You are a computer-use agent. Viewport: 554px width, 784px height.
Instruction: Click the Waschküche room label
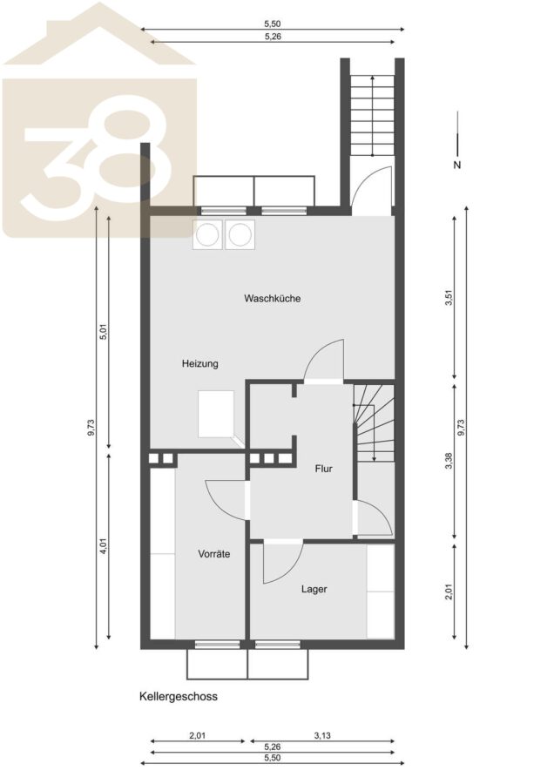click(272, 299)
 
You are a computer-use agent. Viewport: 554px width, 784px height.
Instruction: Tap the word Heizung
click(200, 363)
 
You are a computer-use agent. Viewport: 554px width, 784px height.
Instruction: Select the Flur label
click(323, 469)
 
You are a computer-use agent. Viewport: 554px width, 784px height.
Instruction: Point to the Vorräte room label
click(214, 554)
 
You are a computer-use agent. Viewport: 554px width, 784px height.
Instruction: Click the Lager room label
click(314, 589)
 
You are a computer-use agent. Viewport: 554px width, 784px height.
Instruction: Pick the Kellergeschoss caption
click(178, 697)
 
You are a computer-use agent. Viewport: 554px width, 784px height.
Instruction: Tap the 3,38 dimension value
click(449, 461)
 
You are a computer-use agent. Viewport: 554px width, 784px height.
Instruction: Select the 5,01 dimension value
click(104, 332)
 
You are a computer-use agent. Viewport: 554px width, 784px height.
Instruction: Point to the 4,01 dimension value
click(104, 545)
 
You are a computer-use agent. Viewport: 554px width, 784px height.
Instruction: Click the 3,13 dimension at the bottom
click(322, 735)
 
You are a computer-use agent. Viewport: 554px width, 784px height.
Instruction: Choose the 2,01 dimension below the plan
click(198, 735)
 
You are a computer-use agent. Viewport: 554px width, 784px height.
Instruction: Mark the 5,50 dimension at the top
click(273, 24)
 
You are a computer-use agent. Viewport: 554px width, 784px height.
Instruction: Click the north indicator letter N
click(457, 165)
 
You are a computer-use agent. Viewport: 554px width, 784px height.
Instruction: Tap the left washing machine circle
click(207, 234)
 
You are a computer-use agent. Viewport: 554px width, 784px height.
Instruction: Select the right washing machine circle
click(240, 234)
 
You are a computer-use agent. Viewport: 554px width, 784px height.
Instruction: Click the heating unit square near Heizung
click(216, 414)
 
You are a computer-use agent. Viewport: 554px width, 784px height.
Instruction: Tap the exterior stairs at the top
click(372, 116)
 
